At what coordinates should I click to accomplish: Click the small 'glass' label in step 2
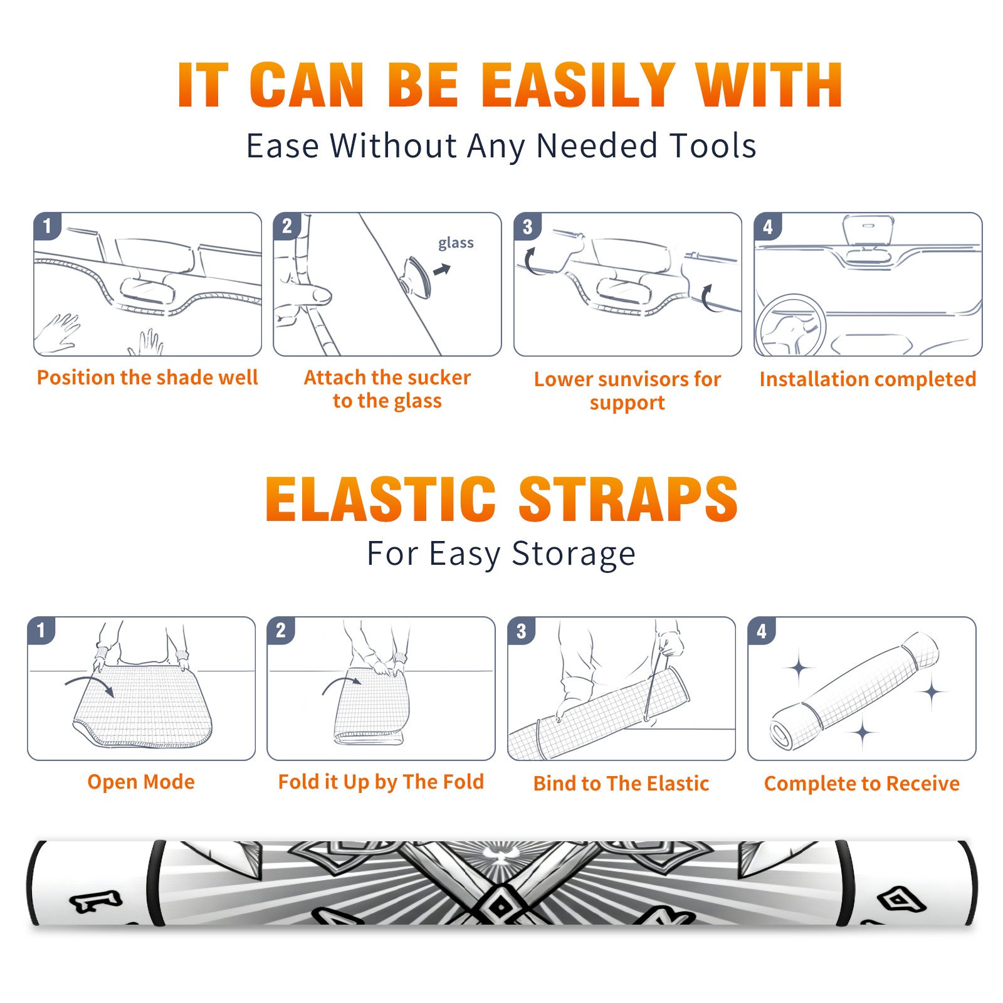(x=456, y=243)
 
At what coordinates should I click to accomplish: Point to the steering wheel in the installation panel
(x=790, y=326)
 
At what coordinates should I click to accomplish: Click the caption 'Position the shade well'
(x=147, y=377)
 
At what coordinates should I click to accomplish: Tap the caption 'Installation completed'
(x=868, y=379)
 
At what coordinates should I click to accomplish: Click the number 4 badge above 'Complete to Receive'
(x=762, y=631)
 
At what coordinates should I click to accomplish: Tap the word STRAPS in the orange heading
(x=628, y=499)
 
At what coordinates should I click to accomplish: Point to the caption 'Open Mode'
(x=141, y=782)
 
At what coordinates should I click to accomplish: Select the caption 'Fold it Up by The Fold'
(x=381, y=782)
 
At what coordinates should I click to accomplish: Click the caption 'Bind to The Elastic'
(x=621, y=784)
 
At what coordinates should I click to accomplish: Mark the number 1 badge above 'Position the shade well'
(x=47, y=226)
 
